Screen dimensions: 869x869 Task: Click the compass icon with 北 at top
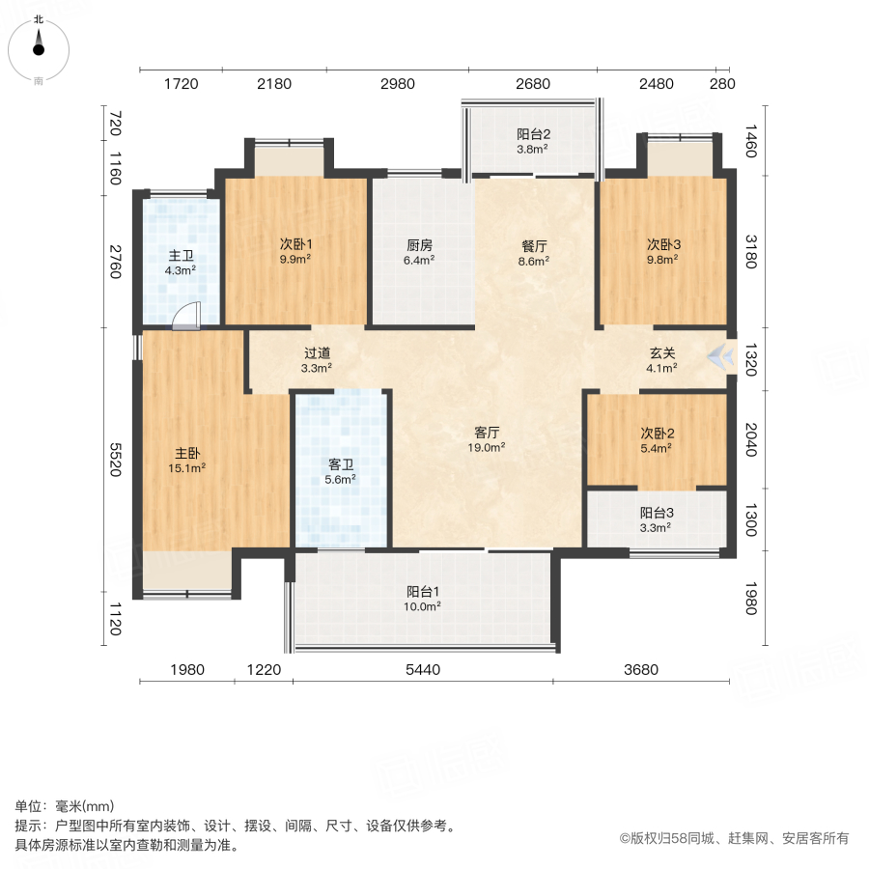coord(39,45)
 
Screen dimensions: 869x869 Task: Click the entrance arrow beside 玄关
coord(718,357)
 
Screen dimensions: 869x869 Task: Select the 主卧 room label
coord(188,453)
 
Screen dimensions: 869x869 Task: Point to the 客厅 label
coord(486,433)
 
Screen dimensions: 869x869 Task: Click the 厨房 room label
coord(419,245)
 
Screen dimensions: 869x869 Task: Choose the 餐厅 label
coord(534,245)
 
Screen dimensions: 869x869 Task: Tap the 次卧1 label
coord(294,245)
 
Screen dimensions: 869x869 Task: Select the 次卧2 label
coord(658,434)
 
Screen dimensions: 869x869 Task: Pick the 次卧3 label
coord(662,245)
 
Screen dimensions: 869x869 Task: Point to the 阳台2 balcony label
coord(533,134)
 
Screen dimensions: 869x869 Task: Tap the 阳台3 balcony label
coord(658,514)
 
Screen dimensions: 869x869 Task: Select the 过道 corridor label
coord(317,353)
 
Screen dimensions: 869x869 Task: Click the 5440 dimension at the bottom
coord(423,670)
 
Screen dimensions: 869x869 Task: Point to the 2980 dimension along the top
coord(397,84)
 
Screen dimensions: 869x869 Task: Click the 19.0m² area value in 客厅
coord(486,447)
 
